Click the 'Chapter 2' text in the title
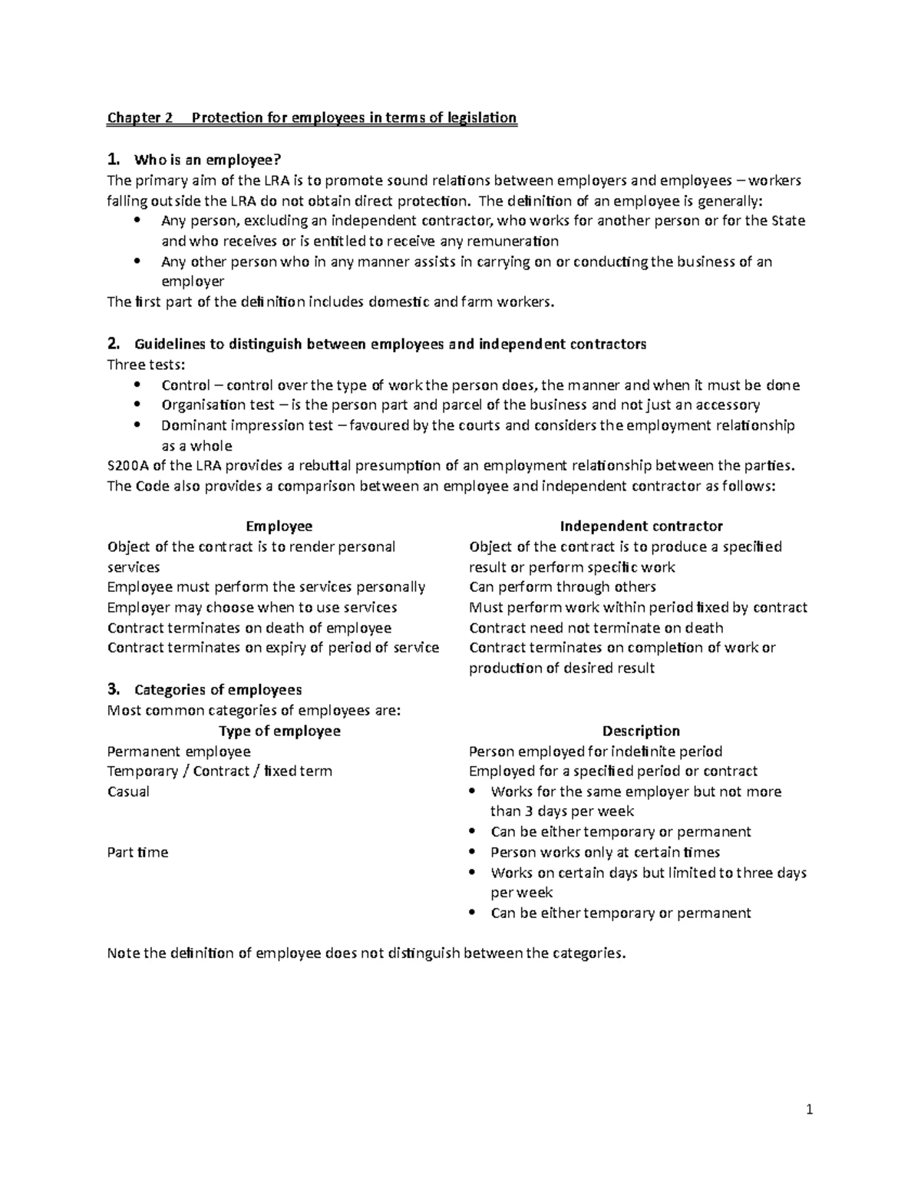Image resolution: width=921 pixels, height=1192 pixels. pos(140,118)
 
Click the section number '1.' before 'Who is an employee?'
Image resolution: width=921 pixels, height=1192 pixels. pos(114,160)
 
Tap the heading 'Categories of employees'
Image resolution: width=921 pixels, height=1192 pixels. pos(217,689)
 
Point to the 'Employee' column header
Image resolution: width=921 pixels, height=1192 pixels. pos(279,526)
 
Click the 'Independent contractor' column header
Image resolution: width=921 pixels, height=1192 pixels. pos(641,526)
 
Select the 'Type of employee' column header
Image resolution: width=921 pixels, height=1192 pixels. pos(279,731)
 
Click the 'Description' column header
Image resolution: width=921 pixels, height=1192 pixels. pos(641,731)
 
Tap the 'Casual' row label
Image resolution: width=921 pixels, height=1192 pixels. pos(128,791)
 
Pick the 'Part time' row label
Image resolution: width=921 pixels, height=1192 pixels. pos(137,852)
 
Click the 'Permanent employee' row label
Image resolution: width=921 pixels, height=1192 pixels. pos(179,751)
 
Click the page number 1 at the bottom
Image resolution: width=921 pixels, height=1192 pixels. pos(809,1109)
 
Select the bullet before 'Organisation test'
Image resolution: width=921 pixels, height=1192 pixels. pos(137,404)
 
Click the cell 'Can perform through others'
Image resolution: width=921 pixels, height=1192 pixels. pos(562,587)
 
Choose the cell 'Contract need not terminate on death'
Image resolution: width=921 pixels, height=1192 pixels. pos(596,628)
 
